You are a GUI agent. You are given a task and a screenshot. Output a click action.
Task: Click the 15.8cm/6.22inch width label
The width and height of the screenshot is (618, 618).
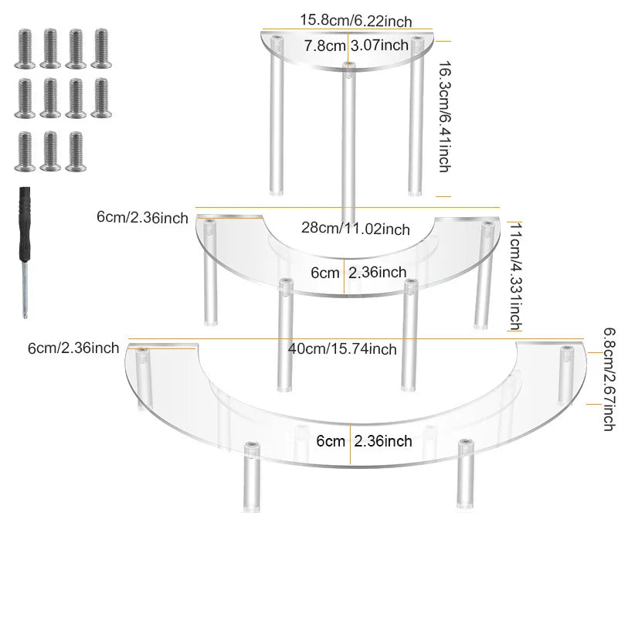pos(356,21)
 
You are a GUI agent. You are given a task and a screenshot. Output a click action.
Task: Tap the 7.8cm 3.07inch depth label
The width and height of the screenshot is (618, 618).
pos(356,46)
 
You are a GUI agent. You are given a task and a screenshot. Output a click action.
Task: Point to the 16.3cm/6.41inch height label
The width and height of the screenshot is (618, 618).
pos(445,117)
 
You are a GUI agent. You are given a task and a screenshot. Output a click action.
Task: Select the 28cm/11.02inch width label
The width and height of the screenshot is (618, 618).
pos(355,228)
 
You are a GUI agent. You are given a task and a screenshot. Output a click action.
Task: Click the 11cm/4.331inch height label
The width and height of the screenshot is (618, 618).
pos(515,277)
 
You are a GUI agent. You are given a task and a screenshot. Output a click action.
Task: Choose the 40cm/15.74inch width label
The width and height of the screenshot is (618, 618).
pos(342,349)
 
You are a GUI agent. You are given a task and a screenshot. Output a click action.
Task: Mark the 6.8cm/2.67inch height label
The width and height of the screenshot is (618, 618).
pos(610,379)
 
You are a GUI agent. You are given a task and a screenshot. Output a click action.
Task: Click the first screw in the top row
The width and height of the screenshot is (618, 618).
pos(25,49)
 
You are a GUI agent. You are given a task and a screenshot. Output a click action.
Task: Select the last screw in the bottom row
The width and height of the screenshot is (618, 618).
pos(76,151)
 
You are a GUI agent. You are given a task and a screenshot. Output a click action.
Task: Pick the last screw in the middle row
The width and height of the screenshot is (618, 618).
pos(101,98)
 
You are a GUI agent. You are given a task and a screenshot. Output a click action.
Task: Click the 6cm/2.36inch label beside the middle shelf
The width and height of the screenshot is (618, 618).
pos(142,218)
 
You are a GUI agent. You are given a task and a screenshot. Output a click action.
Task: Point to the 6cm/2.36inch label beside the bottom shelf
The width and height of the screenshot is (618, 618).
pos(73,348)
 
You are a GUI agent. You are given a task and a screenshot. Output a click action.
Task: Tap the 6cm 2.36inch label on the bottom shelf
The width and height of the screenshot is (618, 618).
pos(364,441)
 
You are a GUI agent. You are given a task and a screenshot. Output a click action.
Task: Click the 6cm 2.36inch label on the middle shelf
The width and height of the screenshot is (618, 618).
pos(358,273)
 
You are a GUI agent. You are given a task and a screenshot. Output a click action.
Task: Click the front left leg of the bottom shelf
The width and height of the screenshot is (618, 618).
pos(252,477)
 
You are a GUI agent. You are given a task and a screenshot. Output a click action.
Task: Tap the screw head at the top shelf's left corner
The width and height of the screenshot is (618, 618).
pos(277,38)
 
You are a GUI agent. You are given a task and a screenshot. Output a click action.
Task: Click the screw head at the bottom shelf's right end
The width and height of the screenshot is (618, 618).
pos(567,348)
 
